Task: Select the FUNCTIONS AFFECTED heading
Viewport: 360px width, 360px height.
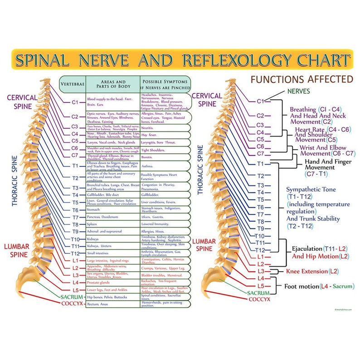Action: (x=302, y=80)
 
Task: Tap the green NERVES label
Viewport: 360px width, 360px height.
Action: (x=298, y=91)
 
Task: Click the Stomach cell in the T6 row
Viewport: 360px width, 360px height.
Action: (x=93, y=210)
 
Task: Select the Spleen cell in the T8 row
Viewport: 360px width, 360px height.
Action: (x=92, y=224)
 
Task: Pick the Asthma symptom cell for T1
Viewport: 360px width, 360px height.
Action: (x=147, y=166)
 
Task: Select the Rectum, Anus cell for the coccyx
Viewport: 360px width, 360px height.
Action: (x=97, y=304)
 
